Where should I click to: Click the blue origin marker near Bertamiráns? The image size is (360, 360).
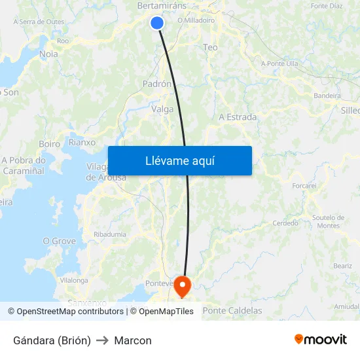point(156,23)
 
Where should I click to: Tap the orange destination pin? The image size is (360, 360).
point(181,285)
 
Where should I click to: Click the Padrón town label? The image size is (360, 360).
point(157,84)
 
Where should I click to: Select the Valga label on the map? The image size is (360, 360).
point(162,109)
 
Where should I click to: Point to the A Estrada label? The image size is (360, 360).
point(238,117)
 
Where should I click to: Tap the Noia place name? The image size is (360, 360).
point(48,54)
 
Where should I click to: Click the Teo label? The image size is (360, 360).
point(210,47)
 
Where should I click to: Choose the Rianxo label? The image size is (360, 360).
point(82,142)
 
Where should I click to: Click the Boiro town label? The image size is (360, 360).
point(50,143)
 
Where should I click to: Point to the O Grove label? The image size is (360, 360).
point(59,241)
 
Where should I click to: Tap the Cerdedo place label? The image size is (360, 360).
point(285,223)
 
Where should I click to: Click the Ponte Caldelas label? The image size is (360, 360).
point(232,311)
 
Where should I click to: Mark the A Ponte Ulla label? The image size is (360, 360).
point(279,63)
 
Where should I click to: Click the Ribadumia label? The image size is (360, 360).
point(110,234)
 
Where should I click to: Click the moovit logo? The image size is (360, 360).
point(321,340)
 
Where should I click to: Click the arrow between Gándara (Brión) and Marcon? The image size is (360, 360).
point(102,340)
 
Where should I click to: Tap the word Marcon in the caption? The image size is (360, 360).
point(133,340)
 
